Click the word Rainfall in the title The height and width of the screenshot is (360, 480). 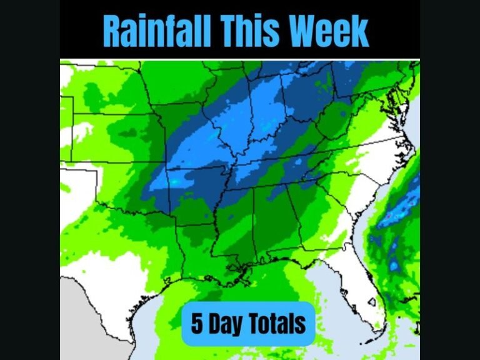click(x=156, y=30)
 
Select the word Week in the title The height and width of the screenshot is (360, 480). click(x=331, y=30)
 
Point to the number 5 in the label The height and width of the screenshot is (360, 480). click(x=197, y=324)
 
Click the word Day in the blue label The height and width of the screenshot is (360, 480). click(x=225, y=324)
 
